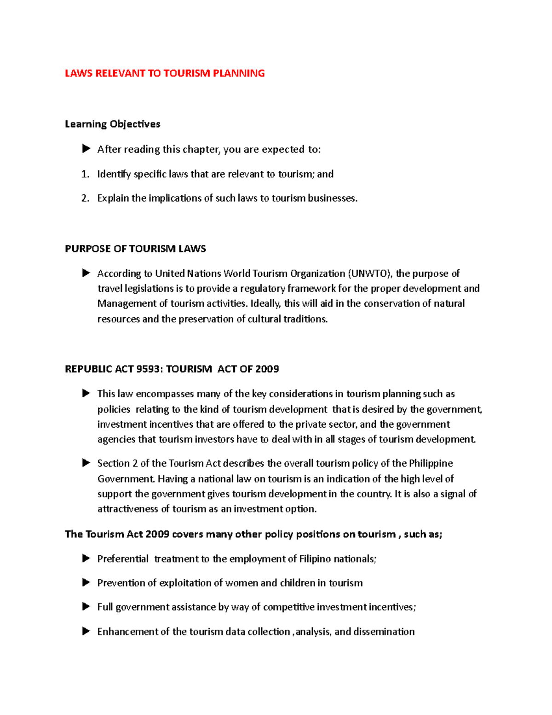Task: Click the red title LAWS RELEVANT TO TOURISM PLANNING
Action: (165, 73)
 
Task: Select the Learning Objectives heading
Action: (112, 124)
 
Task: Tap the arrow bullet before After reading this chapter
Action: (86, 149)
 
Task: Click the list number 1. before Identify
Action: (85, 174)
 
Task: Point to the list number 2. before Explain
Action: (85, 198)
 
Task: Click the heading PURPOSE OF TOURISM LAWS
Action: (135, 249)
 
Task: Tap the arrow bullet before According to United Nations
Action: (86, 273)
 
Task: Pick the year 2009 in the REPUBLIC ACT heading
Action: (267, 369)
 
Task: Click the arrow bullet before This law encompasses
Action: (86, 393)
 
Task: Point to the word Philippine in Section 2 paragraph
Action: (431, 463)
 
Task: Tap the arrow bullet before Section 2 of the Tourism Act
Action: (86, 463)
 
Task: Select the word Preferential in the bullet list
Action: (123, 559)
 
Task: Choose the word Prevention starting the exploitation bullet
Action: (121, 583)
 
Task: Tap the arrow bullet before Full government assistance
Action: (86, 606)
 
